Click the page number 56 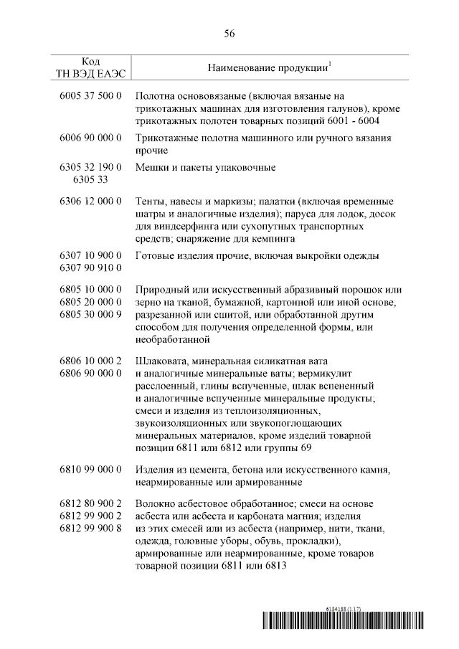[229, 34]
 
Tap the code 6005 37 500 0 [90, 96]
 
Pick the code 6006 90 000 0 [90, 138]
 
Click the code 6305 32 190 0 [90, 167]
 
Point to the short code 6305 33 [90, 179]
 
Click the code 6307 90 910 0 [90, 268]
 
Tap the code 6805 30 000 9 [90, 315]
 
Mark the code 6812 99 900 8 [90, 529]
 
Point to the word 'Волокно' [156, 505]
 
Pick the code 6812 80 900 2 [90, 505]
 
